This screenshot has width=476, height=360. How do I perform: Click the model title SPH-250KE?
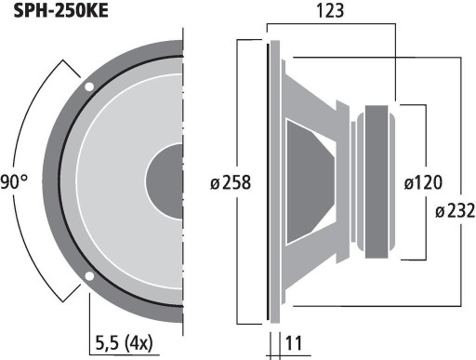pyautogui.click(x=60, y=11)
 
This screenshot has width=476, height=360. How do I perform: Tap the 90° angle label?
pyautogui.click(x=14, y=181)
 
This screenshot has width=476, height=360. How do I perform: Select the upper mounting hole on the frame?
pyautogui.click(x=89, y=87)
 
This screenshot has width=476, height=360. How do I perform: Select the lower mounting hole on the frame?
pyautogui.click(x=89, y=275)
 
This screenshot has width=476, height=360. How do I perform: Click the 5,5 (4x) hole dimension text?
pyautogui.click(x=125, y=343)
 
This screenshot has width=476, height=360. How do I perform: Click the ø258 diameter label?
pyautogui.click(x=231, y=182)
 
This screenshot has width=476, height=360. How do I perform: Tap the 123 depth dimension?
pyautogui.click(x=330, y=10)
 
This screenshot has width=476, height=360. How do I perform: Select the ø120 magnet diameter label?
pyautogui.click(x=423, y=182)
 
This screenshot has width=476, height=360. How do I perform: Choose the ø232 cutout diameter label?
pyautogui.click(x=456, y=211)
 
